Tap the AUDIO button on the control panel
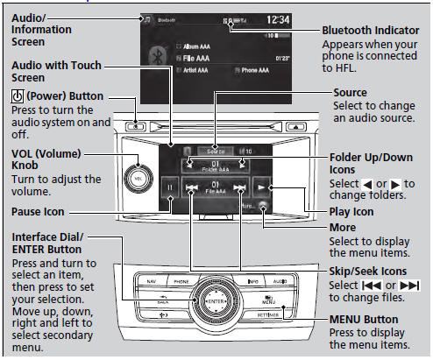point(280,282)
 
